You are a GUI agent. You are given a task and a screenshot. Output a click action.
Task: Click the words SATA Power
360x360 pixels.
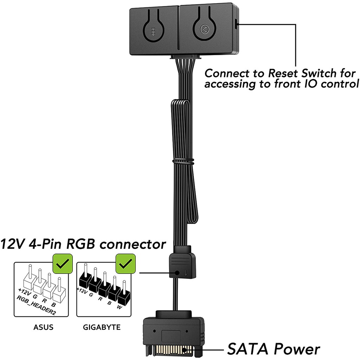[274, 349]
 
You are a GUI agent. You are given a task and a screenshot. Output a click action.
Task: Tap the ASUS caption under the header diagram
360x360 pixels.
[44, 327]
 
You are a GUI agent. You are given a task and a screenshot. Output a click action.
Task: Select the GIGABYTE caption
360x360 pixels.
[102, 327]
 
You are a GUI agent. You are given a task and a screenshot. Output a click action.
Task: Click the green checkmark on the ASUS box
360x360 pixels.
[62, 263]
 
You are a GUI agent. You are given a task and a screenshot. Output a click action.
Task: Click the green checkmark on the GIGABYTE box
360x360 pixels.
[126, 263]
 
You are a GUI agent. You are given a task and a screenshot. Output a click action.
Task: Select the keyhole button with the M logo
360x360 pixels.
[205, 30]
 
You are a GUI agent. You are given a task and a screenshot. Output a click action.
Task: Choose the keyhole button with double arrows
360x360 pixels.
[153, 31]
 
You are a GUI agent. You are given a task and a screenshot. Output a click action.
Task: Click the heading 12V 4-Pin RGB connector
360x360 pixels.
[83, 244]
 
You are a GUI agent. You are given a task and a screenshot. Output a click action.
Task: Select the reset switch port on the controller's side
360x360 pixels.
[236, 24]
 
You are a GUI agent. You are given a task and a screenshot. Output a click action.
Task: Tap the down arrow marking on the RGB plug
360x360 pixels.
[186, 272]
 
